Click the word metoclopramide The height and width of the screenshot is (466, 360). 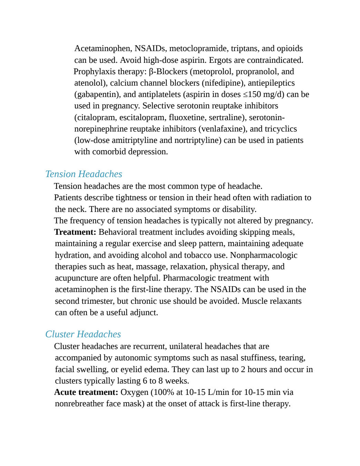199,48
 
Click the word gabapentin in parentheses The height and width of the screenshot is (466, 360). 97,95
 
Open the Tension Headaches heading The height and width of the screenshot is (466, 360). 84,174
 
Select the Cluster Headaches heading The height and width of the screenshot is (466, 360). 83,334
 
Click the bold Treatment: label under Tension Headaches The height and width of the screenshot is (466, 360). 75,232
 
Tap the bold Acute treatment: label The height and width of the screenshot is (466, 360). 86,392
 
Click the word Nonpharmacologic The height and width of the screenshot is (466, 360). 264,255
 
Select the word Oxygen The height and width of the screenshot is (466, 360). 134,392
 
